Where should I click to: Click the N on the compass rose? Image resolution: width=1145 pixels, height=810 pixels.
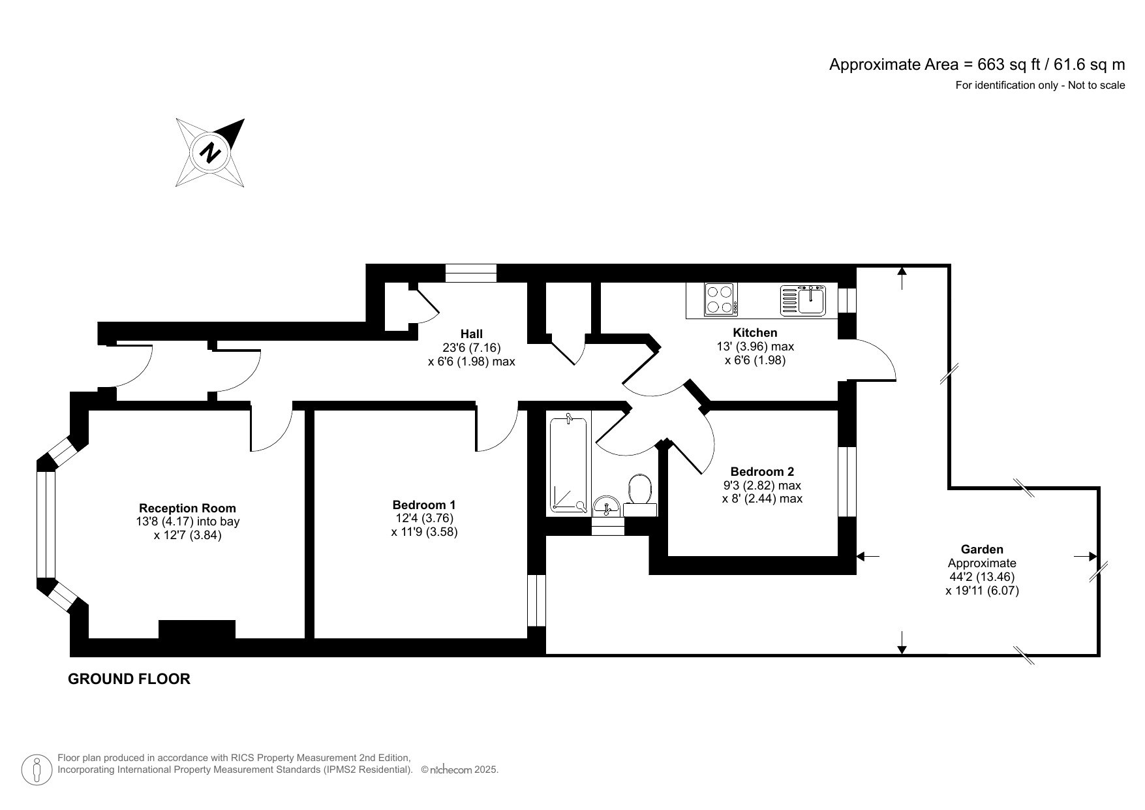(x=210, y=153)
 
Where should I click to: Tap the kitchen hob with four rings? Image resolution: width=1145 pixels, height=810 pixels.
(x=720, y=300)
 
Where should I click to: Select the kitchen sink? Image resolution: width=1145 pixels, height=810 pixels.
(x=804, y=300)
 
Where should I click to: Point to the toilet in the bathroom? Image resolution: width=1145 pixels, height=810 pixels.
(x=640, y=491)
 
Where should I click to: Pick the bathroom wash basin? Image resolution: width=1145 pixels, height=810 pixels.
(x=607, y=505)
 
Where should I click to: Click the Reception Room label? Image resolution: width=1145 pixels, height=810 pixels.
(x=187, y=508)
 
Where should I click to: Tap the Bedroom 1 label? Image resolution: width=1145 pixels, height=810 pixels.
(x=424, y=505)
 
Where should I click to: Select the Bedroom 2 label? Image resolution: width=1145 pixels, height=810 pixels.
(x=762, y=471)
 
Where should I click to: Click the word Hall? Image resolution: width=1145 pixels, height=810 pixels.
(x=471, y=334)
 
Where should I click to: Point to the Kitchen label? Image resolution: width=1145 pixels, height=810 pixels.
(x=755, y=333)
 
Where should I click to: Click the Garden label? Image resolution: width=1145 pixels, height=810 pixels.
(x=981, y=550)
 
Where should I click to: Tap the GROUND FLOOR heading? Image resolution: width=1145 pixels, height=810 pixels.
(x=129, y=679)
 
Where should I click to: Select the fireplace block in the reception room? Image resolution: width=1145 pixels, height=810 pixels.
(x=196, y=629)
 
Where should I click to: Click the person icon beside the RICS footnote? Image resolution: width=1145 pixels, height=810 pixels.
(x=37, y=770)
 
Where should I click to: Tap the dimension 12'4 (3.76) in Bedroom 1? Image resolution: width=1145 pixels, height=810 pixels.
(x=424, y=518)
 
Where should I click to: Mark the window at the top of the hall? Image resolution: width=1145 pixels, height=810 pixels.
(x=471, y=273)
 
